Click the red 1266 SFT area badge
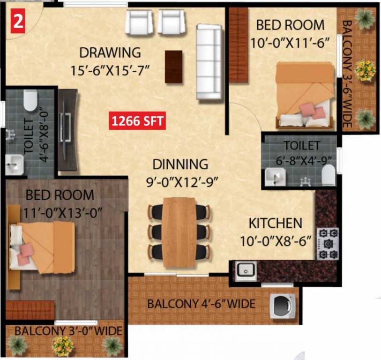[x=137, y=121]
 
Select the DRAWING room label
[x=110, y=52]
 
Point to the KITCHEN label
[x=275, y=223]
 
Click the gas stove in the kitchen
[x=328, y=243]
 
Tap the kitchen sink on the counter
[x=246, y=270]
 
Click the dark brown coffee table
[x=173, y=67]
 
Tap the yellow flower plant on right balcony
[x=365, y=70]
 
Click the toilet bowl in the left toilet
[x=30, y=100]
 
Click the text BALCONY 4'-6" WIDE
[x=201, y=304]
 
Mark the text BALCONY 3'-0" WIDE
[x=68, y=331]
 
